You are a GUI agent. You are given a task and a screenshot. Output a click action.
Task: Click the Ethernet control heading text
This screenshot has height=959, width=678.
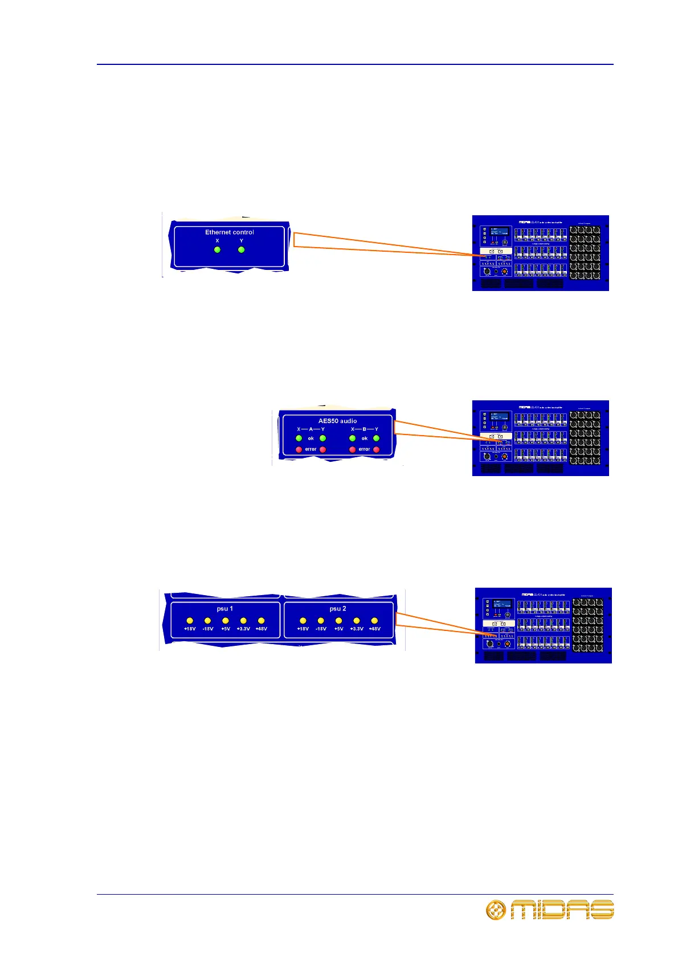[x=230, y=232]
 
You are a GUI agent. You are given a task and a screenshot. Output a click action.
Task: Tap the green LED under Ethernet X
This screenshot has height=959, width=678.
[x=217, y=249]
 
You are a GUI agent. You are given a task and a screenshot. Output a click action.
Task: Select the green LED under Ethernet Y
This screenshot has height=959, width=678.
[x=242, y=249]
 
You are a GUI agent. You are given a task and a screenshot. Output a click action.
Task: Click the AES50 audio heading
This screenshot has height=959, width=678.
[x=337, y=421]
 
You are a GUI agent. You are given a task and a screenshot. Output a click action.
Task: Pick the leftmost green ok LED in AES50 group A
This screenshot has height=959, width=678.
[x=299, y=438]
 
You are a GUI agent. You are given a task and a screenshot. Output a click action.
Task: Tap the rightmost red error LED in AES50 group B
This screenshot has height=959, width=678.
[x=376, y=449]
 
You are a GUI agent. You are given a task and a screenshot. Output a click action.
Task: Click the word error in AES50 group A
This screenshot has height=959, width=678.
[x=311, y=449]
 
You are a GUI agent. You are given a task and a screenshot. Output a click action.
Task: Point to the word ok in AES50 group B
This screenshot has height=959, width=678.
[x=365, y=438]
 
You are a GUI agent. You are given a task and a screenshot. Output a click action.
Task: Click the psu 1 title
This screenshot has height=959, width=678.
[x=225, y=609]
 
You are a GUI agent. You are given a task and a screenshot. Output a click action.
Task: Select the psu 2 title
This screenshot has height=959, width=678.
[x=338, y=609]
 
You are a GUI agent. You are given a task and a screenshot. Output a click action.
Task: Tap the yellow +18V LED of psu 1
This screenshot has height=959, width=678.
[x=190, y=621]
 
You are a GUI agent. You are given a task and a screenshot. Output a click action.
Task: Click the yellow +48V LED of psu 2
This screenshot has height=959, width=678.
[x=374, y=621]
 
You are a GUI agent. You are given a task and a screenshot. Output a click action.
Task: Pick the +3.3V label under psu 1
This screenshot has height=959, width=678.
[x=243, y=629]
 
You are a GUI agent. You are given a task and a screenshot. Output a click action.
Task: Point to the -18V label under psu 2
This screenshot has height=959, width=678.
[x=321, y=629]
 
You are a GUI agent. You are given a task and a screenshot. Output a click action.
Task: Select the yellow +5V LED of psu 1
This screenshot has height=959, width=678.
[x=226, y=621]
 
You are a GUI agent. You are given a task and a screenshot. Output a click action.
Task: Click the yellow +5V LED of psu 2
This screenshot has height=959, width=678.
[x=338, y=621]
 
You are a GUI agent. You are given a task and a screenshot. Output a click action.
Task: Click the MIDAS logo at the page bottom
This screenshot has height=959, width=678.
[x=562, y=910]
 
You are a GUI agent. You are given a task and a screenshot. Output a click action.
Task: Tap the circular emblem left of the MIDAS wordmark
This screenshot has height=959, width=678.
[x=496, y=910]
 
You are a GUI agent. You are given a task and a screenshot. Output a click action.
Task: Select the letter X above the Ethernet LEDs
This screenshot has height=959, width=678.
[x=217, y=241]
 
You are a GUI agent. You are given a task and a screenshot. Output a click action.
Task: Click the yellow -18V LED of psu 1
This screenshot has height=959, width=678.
[x=207, y=621]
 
